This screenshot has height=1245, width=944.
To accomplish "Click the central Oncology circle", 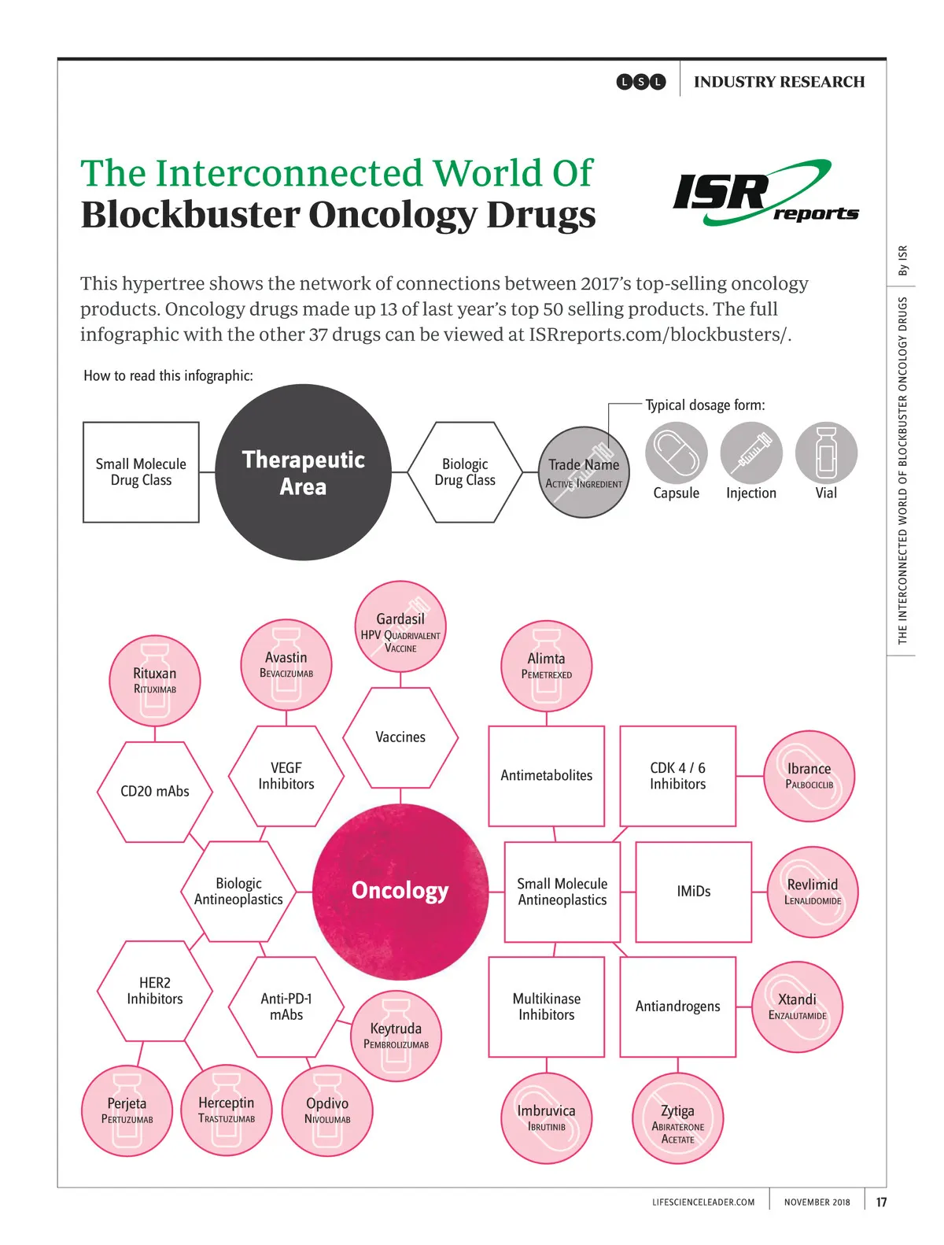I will coord(400,891).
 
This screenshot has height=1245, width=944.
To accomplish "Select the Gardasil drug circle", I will coord(400,626).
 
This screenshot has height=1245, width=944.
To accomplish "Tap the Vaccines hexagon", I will coord(400,737).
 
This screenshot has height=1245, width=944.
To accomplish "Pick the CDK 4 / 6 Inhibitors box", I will coord(678,776).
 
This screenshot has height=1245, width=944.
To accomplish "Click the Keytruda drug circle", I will coord(396,1036).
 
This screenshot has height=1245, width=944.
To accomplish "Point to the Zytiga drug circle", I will coord(677,1118).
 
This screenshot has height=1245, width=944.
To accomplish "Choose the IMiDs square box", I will coord(694,892).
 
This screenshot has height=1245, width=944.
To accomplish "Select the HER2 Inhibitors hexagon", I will coord(155,991).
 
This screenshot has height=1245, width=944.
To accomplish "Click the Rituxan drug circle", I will coord(155,681).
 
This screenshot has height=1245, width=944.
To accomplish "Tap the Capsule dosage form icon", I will coord(677,453).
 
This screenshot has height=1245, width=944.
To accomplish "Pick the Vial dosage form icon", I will coord(826,453).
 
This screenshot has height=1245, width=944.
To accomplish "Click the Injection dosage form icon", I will coord(751,453).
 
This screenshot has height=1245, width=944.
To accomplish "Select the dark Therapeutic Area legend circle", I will coord(303,472).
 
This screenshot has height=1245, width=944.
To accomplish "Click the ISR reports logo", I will coord(765,194).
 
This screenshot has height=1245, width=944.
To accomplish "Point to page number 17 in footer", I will coord(881,1202).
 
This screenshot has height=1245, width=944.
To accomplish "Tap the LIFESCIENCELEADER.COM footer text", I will coord(703,1202).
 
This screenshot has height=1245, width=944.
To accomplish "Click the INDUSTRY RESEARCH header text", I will coord(779,82).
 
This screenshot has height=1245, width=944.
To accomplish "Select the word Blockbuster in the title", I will coord(190,215).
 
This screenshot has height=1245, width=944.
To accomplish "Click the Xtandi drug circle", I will coord(798,1007).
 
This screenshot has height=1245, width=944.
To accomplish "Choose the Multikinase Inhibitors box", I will coord(547,1007).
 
